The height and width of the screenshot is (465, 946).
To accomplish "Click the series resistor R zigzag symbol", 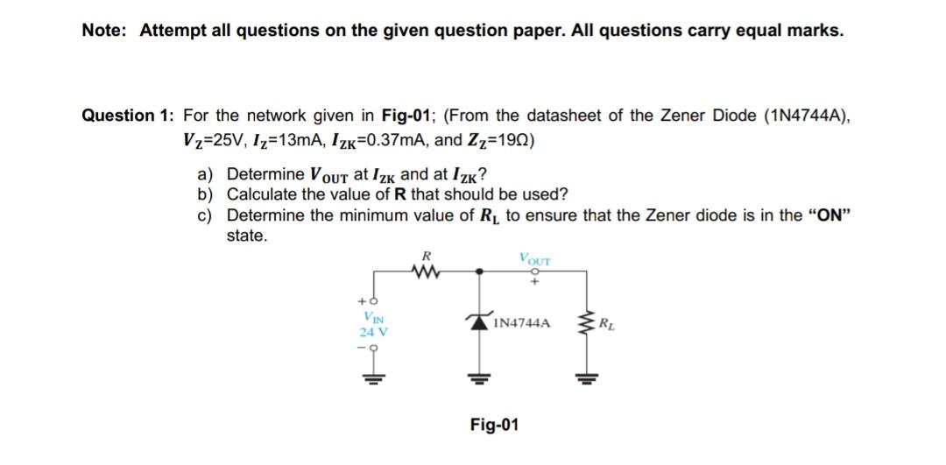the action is pos(427,271).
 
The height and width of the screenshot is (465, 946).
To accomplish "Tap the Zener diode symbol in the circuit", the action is pos(479,323).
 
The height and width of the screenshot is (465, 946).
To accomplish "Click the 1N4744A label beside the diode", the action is pos(522,323).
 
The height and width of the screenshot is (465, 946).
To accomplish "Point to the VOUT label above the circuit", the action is pos(534,259).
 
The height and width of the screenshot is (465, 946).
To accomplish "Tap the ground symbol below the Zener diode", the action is pos(479,379).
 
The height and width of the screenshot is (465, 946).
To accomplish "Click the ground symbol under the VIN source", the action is pos(372,378).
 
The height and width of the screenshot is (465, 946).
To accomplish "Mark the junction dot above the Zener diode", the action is pos(479,271).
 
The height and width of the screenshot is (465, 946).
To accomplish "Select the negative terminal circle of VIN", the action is pos(372,347).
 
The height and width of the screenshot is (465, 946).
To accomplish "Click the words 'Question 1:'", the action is pos(128,116).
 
